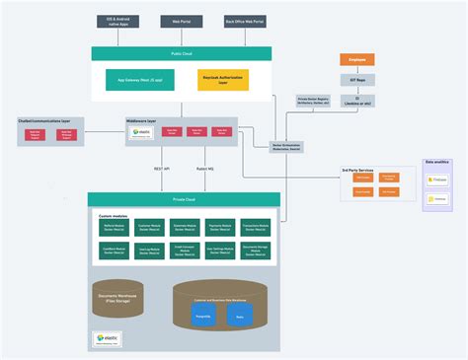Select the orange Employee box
357,59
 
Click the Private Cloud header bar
184,198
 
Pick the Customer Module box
150,227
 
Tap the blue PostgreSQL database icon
205,318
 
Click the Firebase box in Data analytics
437,180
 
